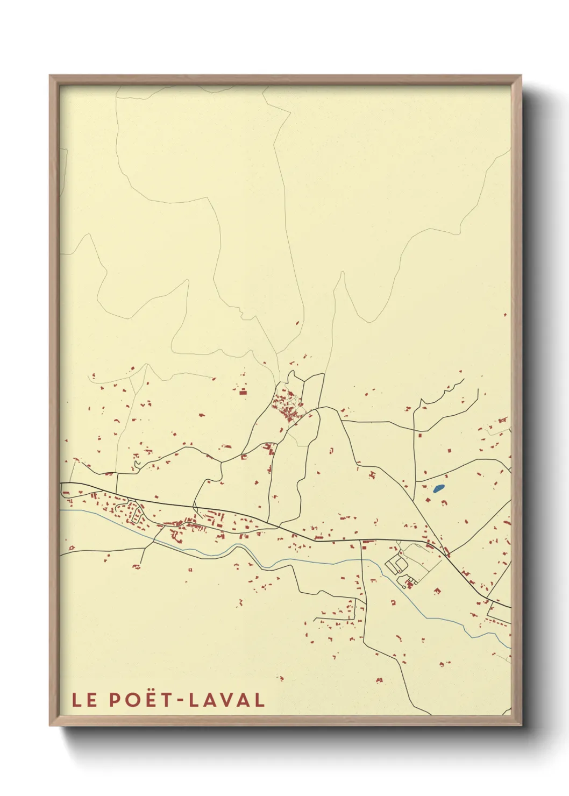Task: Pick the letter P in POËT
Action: tap(115, 700)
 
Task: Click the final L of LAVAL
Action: tap(260, 700)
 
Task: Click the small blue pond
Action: tap(438, 489)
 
